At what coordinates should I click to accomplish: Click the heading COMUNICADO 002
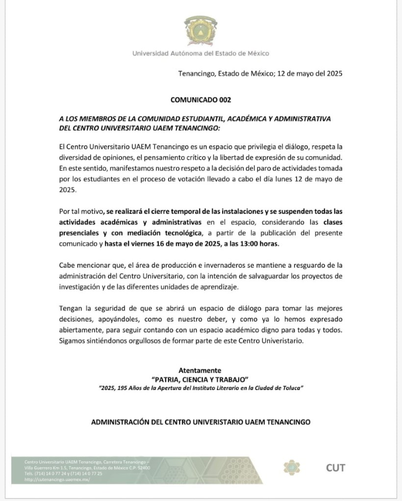click(x=201, y=100)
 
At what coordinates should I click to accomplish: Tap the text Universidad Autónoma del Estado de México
click(x=201, y=53)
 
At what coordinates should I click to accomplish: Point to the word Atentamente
click(x=201, y=370)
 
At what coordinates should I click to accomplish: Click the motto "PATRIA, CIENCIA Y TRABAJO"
click(x=201, y=379)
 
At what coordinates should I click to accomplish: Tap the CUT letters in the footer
click(x=335, y=468)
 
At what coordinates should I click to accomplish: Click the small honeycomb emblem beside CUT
click(x=292, y=468)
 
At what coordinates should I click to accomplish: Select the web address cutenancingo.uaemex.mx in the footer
click(x=57, y=479)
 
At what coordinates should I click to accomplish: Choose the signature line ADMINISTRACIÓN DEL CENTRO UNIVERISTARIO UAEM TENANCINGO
click(x=201, y=422)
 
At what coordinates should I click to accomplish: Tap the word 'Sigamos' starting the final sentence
click(x=72, y=341)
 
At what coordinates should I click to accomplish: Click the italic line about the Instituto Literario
click(x=201, y=388)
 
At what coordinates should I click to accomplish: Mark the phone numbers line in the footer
click(x=64, y=474)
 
